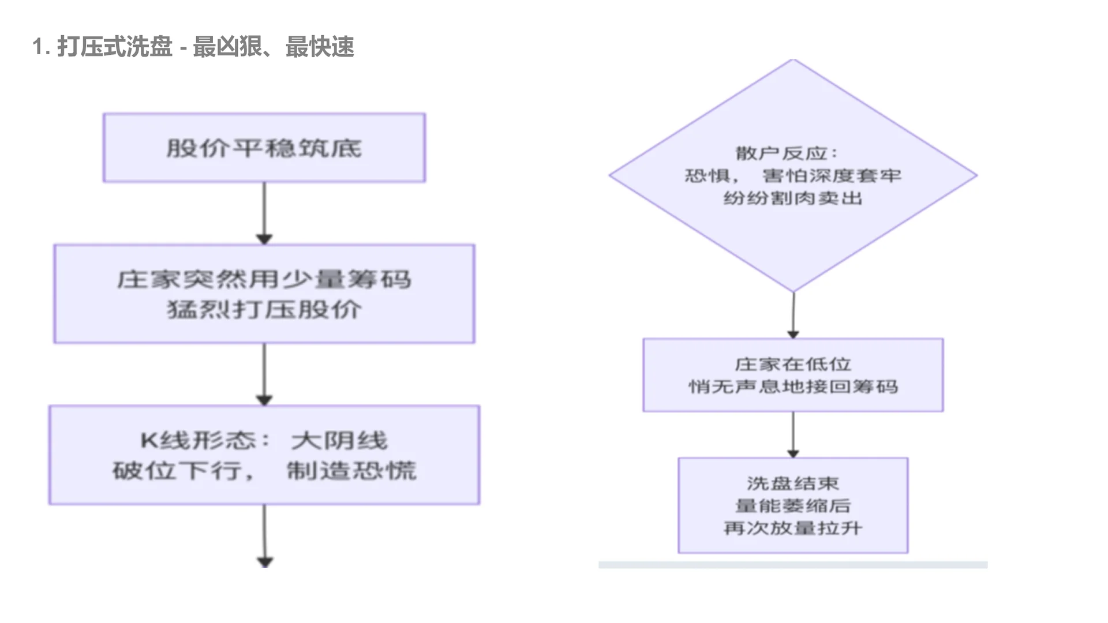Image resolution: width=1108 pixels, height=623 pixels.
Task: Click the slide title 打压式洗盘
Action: click(115, 47)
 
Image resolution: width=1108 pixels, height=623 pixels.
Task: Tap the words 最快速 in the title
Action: click(320, 47)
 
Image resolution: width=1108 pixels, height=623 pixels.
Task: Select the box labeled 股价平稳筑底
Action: click(264, 148)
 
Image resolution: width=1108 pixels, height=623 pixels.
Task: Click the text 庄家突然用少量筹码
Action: click(264, 280)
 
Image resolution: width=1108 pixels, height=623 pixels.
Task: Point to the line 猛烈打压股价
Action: click(264, 310)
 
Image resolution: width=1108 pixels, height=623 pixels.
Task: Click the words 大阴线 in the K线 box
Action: click(339, 441)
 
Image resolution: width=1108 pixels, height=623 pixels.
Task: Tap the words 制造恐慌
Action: click(351, 471)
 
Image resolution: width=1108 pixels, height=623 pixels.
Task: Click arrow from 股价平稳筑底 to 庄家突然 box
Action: click(264, 213)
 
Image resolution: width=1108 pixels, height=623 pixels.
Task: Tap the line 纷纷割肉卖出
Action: click(793, 198)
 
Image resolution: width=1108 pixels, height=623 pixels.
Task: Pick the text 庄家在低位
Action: click(793, 365)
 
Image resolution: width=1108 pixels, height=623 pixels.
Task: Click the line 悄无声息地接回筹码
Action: click(793, 387)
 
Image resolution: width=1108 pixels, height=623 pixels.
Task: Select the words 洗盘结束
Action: click(793, 483)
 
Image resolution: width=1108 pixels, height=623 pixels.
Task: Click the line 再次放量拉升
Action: click(793, 528)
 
